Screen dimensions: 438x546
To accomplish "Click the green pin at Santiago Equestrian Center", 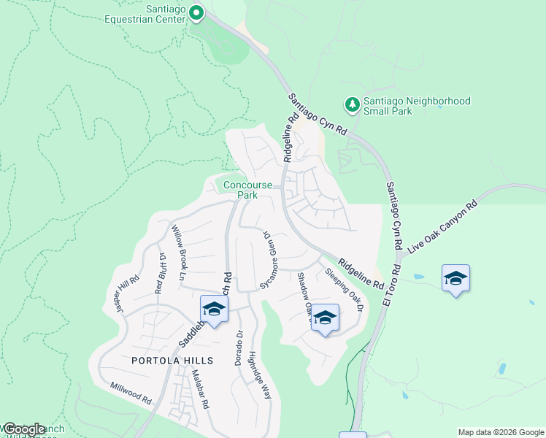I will [x=196, y=13].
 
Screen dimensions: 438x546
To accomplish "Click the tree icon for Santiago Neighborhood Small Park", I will [x=353, y=105].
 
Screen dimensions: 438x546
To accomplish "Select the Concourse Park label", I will [x=241, y=190].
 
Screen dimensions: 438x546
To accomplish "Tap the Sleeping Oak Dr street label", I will [x=344, y=291].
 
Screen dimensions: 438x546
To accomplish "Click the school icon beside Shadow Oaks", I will [x=325, y=318].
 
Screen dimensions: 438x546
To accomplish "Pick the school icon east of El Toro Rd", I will [x=455, y=278].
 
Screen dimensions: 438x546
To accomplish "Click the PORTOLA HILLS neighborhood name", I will [x=172, y=361].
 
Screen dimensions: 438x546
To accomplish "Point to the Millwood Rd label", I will [x=131, y=393].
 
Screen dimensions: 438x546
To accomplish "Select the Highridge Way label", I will [x=259, y=374].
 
